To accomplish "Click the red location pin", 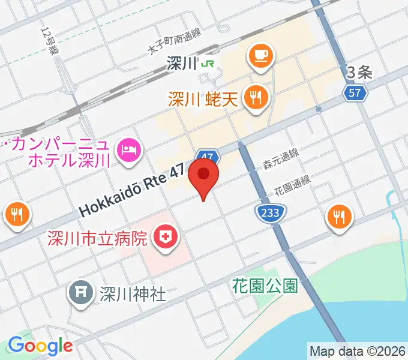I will [x=203, y=175].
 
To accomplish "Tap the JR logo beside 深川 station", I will [x=208, y=63].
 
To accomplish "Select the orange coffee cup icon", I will [x=260, y=56].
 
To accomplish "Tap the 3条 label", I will [x=360, y=73].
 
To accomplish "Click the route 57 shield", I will [x=355, y=92].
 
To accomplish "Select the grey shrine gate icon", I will [x=81, y=293].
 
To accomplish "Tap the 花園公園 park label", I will [x=265, y=286].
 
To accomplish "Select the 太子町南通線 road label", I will [x=175, y=41].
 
